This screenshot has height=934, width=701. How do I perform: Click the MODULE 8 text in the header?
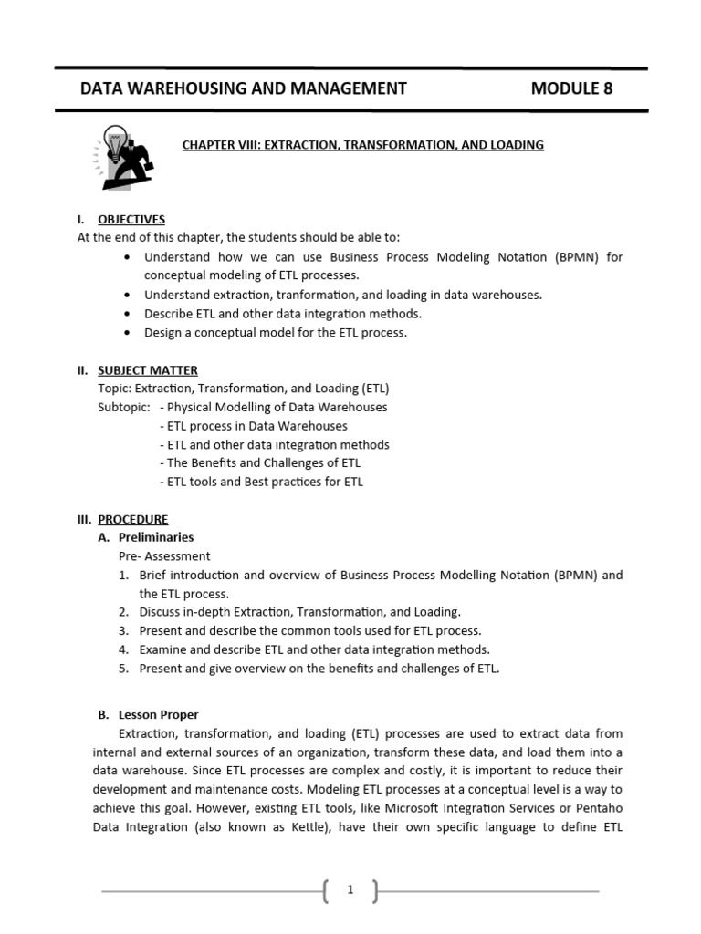click(x=571, y=88)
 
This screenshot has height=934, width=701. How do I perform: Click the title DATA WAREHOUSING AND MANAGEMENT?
click(x=244, y=88)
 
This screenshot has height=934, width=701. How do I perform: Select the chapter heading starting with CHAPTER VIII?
click(x=363, y=145)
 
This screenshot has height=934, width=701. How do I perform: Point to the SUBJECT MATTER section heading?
click(x=148, y=369)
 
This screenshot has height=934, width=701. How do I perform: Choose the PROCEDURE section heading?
click(x=133, y=519)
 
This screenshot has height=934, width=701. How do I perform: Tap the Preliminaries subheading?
click(x=156, y=537)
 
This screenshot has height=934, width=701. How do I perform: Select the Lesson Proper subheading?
click(x=159, y=714)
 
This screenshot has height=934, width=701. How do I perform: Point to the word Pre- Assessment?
click(x=164, y=555)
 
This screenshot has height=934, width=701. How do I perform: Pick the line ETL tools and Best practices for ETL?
click(x=261, y=482)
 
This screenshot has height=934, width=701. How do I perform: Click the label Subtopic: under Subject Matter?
click(x=123, y=407)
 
